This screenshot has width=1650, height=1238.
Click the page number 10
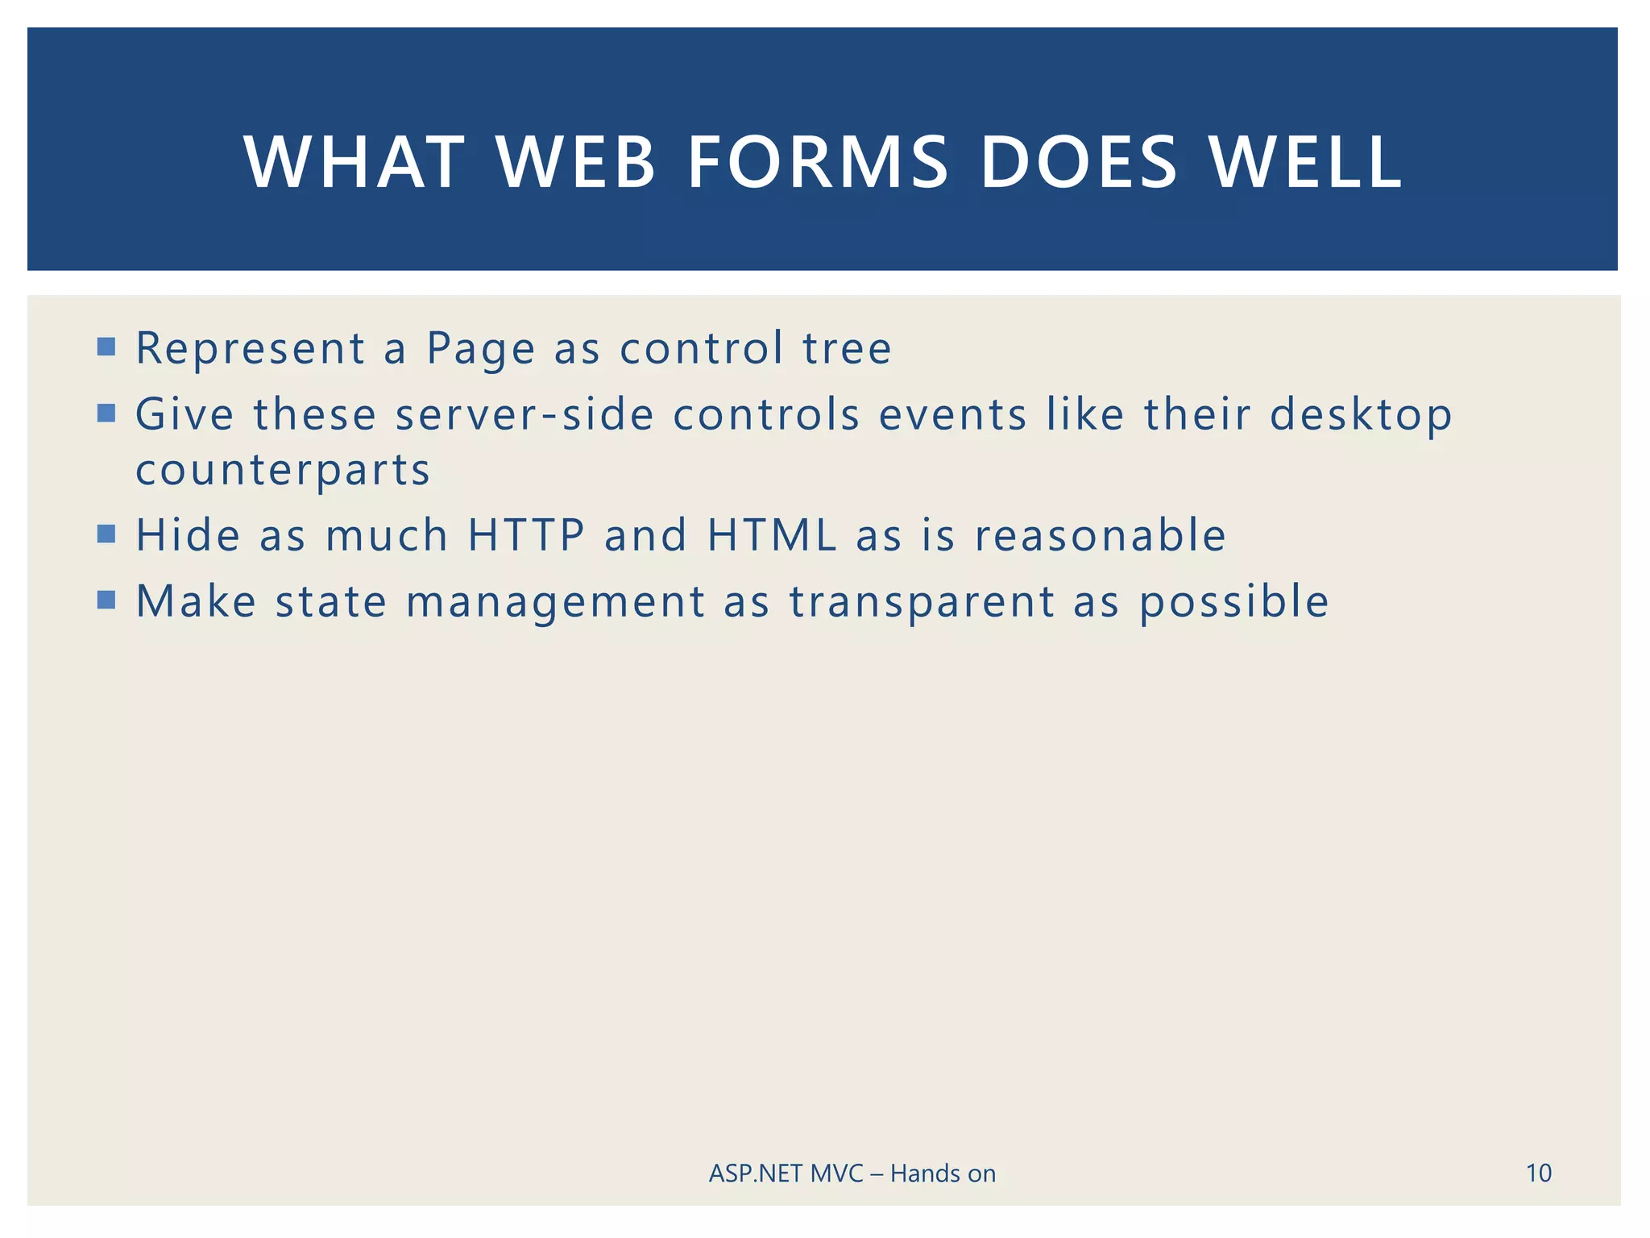tap(1538, 1173)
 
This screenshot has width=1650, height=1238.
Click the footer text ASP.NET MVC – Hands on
tap(852, 1174)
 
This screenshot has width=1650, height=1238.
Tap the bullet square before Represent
tap(106, 347)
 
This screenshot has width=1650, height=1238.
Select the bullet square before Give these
tap(106, 413)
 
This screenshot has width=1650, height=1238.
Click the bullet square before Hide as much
tap(106, 534)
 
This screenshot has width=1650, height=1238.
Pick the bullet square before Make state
tap(106, 600)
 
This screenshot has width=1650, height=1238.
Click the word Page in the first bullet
tap(480, 349)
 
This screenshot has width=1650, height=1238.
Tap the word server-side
tap(524, 415)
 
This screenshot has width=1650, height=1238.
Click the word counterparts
tap(283, 471)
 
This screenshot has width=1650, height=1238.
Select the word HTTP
tap(526, 535)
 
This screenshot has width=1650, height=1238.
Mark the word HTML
tap(772, 535)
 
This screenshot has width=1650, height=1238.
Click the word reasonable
tap(1100, 535)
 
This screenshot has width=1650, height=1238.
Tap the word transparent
tap(922, 602)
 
